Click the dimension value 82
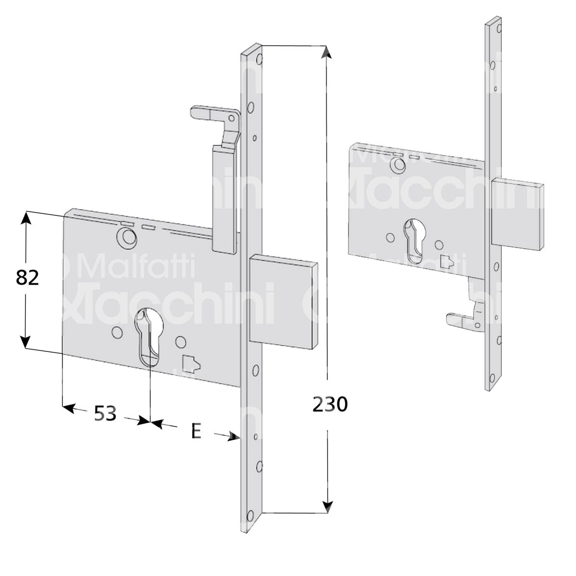[x=27, y=278]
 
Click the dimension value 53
[x=105, y=414]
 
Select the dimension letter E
[x=196, y=431]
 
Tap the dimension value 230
[x=330, y=405]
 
